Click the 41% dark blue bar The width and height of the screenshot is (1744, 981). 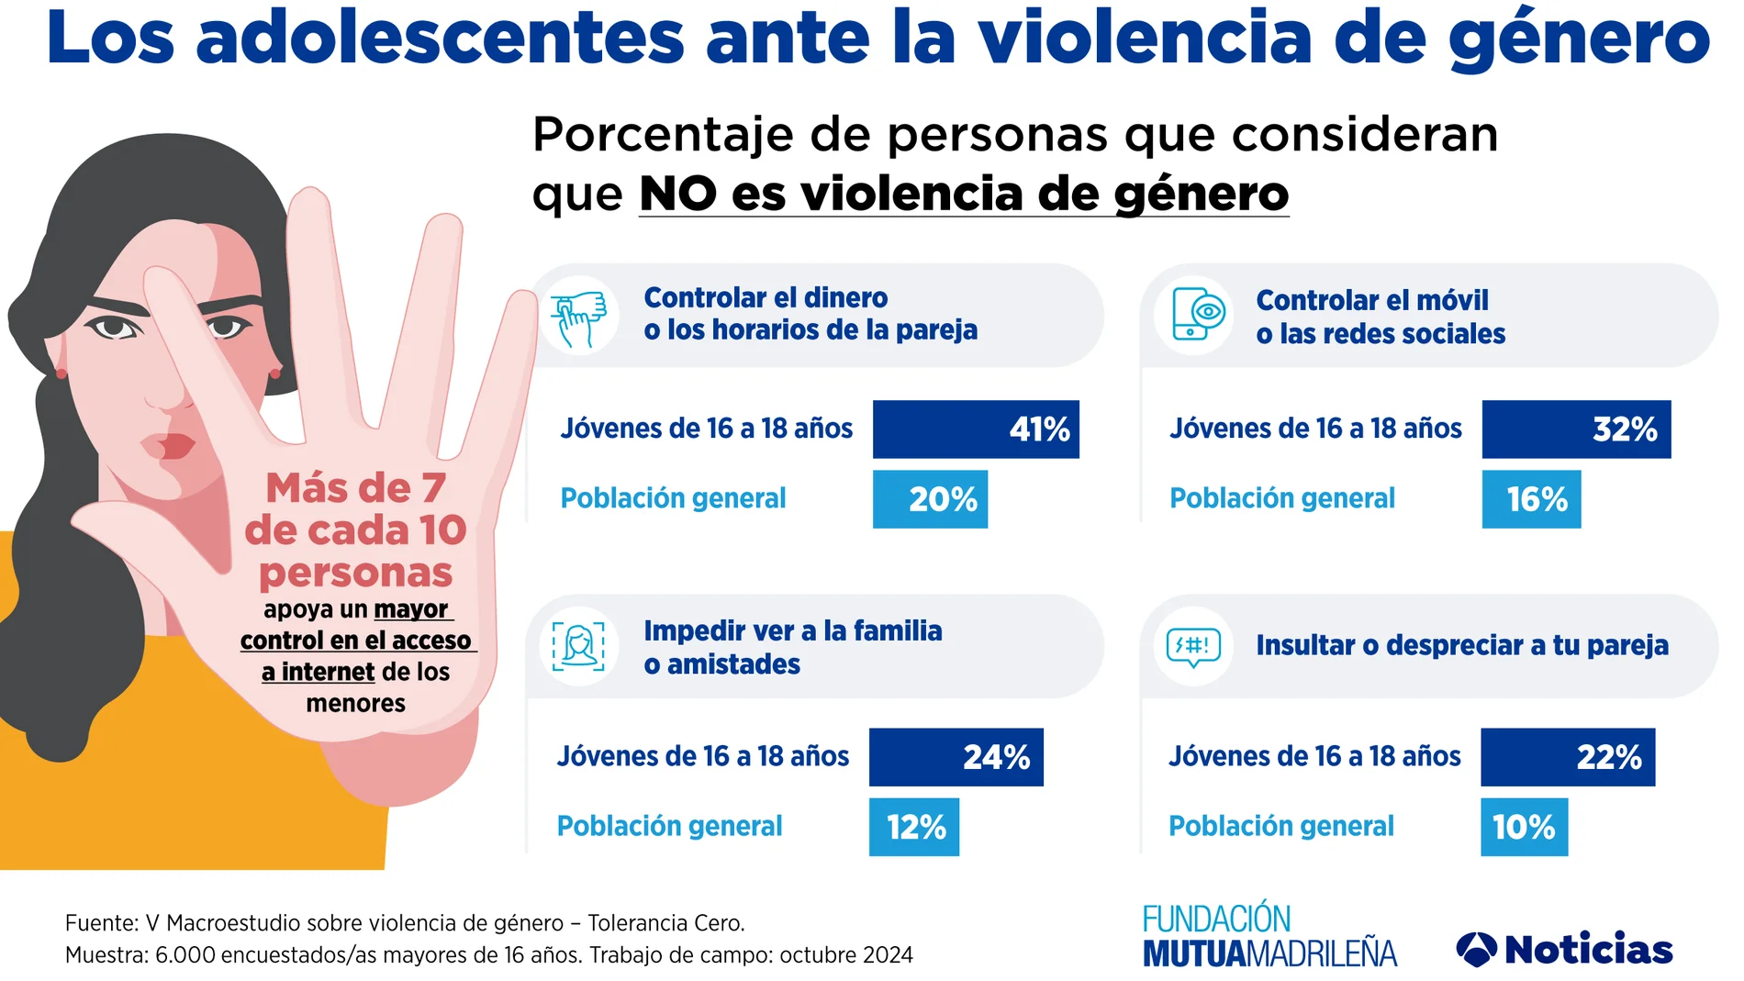(x=975, y=429)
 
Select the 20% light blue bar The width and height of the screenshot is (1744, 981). (x=929, y=499)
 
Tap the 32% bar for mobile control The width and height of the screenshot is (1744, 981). (x=1575, y=429)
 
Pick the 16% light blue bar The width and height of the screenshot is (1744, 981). (x=1530, y=499)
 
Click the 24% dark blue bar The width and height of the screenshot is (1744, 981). (x=956, y=757)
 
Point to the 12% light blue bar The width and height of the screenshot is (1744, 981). (x=913, y=827)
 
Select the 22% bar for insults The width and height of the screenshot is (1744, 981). (x=1567, y=757)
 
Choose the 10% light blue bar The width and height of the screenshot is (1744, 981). (x=1523, y=827)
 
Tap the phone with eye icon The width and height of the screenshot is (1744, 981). (x=1193, y=316)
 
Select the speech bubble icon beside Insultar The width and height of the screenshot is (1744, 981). (x=1192, y=646)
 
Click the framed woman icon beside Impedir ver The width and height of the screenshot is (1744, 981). (x=578, y=646)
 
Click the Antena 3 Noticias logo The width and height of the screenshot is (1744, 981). (x=1564, y=949)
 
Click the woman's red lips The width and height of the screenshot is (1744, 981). (x=170, y=446)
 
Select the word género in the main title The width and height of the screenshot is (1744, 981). (x=1579, y=39)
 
